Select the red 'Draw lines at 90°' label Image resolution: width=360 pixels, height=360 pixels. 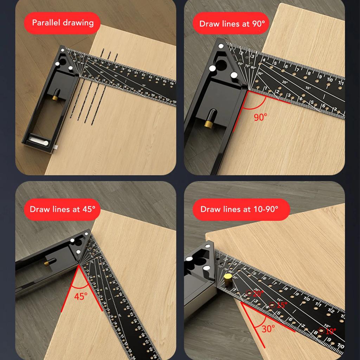(232, 24)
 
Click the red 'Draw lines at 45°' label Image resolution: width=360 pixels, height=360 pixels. (63, 209)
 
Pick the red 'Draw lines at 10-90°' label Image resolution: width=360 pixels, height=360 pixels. (239, 210)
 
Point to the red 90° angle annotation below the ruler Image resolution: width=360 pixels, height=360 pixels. (261, 117)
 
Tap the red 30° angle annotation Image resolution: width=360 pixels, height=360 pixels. (268, 329)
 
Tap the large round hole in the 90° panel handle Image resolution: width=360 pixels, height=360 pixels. (221, 65)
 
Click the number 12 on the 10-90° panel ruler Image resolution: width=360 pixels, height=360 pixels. (330, 311)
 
